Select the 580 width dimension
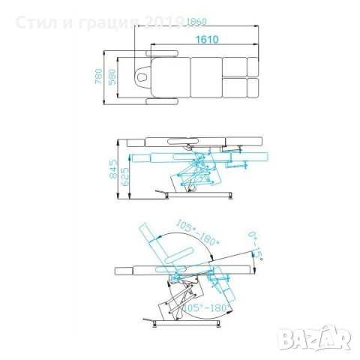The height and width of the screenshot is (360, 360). coord(112,76)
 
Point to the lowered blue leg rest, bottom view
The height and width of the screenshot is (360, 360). coord(221,283)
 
